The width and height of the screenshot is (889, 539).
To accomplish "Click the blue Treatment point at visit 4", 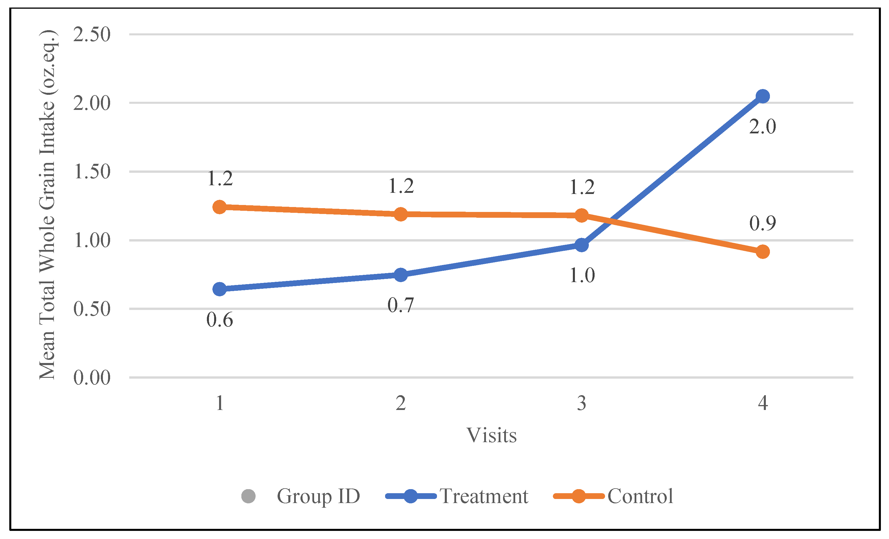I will (x=762, y=96).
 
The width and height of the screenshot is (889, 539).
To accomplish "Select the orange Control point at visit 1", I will (x=220, y=207).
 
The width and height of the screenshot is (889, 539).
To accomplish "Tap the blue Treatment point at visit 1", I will (x=220, y=289).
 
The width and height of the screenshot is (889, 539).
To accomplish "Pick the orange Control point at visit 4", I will (x=762, y=252).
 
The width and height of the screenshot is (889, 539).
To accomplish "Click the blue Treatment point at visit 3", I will (x=582, y=245).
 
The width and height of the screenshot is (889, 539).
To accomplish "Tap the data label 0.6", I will (x=220, y=320).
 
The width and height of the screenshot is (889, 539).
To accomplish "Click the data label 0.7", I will (x=400, y=305).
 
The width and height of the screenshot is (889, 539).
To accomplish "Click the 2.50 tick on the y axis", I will (x=92, y=35).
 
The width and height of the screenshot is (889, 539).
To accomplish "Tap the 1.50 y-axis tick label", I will (x=92, y=171).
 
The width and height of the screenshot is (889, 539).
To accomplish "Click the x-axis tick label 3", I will (x=582, y=403).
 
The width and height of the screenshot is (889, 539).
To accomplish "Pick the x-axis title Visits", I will (x=491, y=435).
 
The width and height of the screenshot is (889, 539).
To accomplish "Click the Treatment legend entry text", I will (x=484, y=496).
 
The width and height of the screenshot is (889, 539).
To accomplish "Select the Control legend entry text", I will (x=640, y=496).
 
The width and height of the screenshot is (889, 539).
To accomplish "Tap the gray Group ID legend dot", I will (x=248, y=496).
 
